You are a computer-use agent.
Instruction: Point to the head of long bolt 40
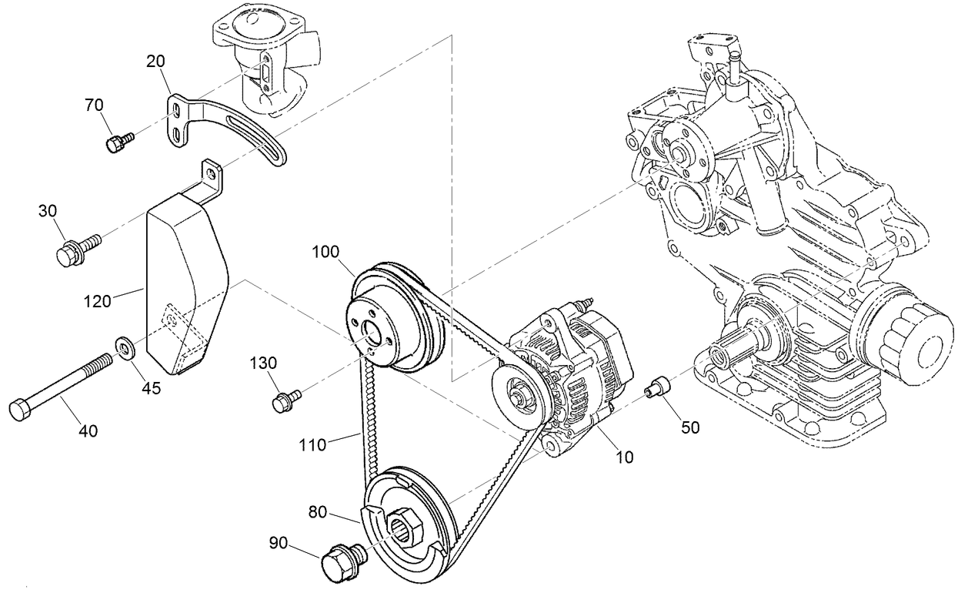[21, 408]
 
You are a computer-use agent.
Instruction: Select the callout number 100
[326, 252]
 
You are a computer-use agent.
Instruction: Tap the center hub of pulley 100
[372, 336]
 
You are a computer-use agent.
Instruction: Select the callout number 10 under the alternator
[624, 457]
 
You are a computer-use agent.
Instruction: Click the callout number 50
[690, 427]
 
